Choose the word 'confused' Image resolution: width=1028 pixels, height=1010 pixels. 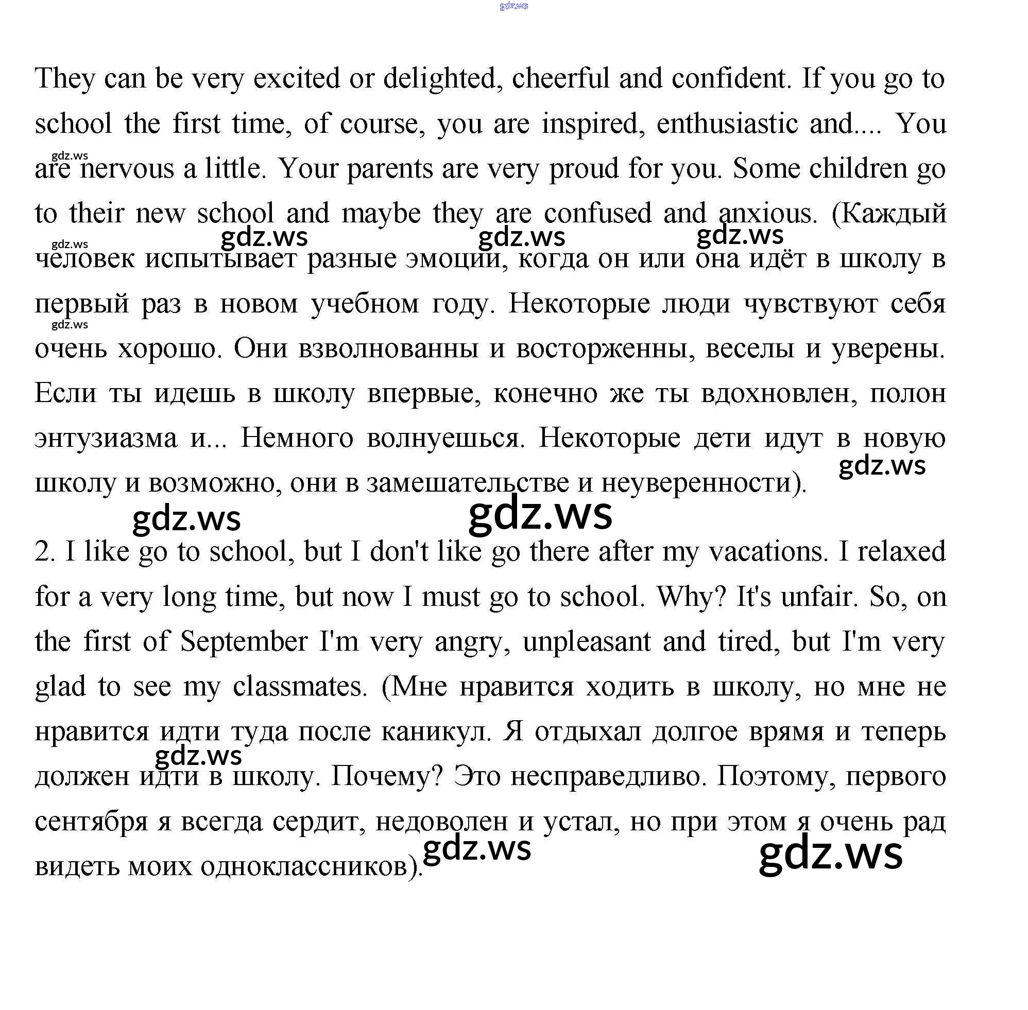point(597,213)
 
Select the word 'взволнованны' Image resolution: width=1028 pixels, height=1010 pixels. point(388,349)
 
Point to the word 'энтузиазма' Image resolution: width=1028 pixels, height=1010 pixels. point(106,438)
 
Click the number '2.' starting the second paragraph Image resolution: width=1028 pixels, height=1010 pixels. point(45,552)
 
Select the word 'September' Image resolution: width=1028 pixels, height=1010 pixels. point(244,642)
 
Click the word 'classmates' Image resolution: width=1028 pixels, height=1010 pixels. point(299,687)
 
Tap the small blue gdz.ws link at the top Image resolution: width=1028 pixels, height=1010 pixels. point(513,6)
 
